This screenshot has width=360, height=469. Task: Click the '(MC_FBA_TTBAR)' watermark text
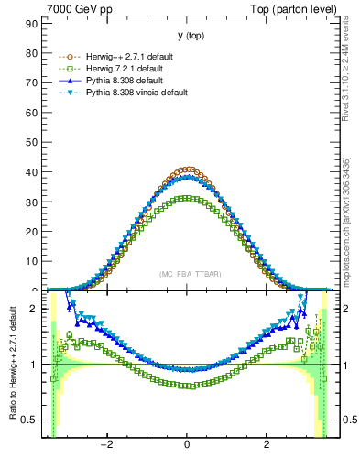187,274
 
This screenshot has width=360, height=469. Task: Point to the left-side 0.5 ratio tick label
33,420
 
